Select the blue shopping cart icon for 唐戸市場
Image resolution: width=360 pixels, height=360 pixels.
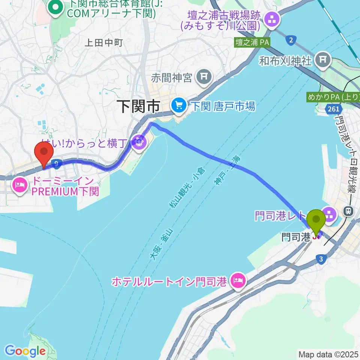pos(178,106)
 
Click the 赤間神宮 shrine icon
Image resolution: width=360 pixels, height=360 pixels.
pos(204,77)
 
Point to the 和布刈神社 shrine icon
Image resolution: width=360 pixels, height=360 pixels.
pos(323,59)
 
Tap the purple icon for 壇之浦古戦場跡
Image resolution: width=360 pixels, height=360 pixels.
pos(272,21)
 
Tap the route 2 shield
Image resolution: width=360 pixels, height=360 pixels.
pos(290,40)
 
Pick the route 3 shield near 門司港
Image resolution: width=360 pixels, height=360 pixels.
pos(320,259)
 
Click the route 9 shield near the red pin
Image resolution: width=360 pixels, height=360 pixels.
pos(56,163)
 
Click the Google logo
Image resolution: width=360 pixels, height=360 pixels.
pos(25,351)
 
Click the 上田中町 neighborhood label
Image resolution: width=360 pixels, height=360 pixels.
pos(104,43)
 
